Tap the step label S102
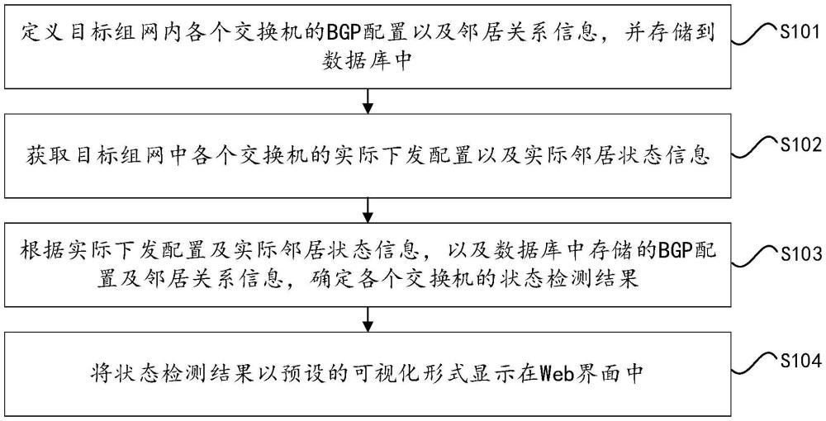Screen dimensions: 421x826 (799, 144)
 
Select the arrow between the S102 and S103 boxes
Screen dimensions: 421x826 (368, 208)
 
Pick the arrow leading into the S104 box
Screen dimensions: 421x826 (368, 317)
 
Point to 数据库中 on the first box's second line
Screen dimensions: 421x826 (368, 63)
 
